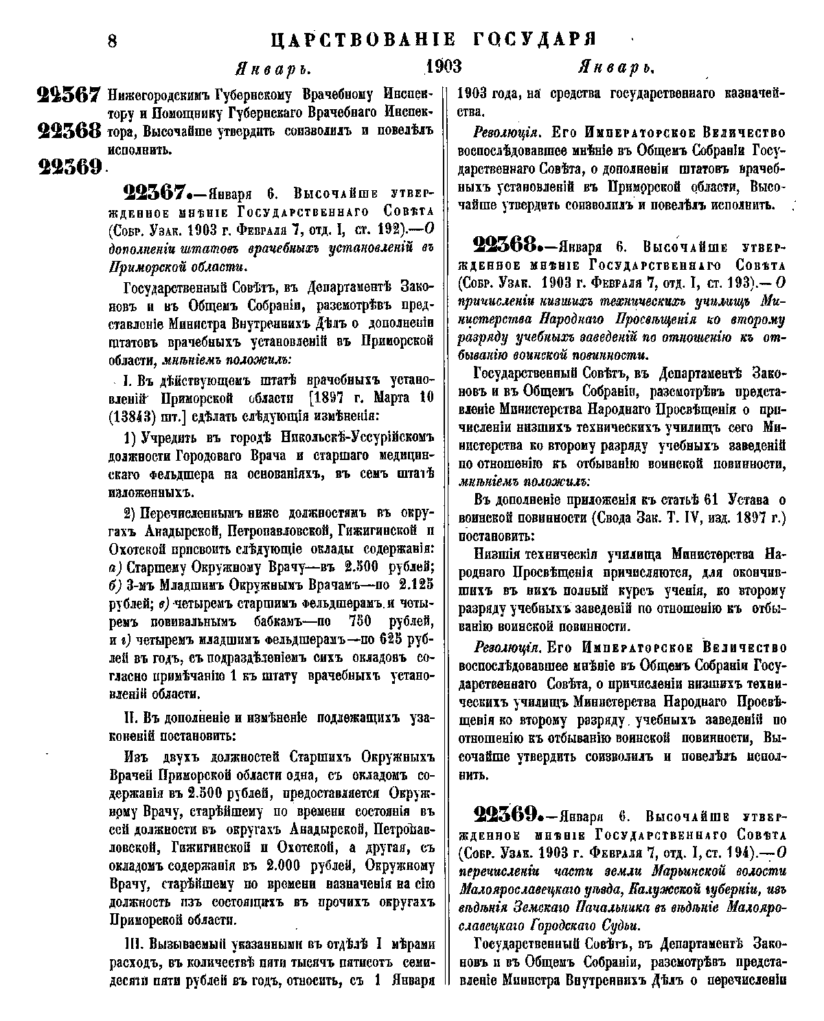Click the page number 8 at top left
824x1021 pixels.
[x=113, y=39]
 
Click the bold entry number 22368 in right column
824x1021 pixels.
[x=515, y=246]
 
